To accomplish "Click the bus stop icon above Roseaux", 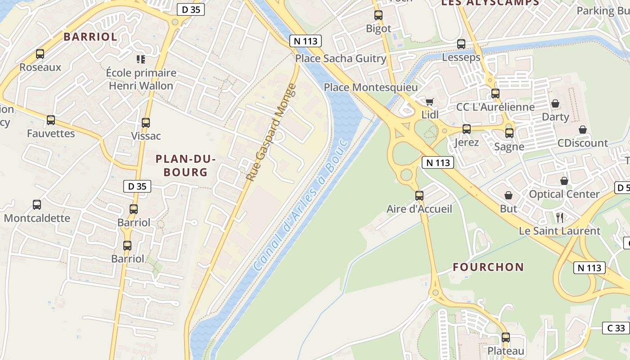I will pyautogui.click(x=40, y=54).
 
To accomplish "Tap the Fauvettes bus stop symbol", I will pyautogui.click(x=51, y=120).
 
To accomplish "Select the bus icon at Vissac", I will pyautogui.click(x=146, y=122).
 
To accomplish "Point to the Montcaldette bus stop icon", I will pyautogui.click(x=37, y=205).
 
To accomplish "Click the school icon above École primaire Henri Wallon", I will pyautogui.click(x=141, y=59).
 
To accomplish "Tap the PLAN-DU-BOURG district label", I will pyautogui.click(x=185, y=165).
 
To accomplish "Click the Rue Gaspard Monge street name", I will pyautogui.click(x=271, y=132).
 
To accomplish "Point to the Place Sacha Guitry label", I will pyautogui.click(x=341, y=58).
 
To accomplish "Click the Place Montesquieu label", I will pyautogui.click(x=371, y=87).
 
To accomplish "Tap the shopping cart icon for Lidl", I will pyautogui.click(x=429, y=102).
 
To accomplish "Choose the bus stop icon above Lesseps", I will pyautogui.click(x=461, y=44).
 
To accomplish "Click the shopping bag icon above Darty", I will pyautogui.click(x=555, y=103).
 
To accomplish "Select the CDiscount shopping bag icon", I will pyautogui.click(x=583, y=130).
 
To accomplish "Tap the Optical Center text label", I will pyautogui.click(x=564, y=194).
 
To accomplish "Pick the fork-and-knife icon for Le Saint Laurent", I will pyautogui.click(x=560, y=218).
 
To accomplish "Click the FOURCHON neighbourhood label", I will pyautogui.click(x=488, y=267).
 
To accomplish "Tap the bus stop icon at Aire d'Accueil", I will pyautogui.click(x=419, y=196).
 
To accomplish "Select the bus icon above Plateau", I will pyautogui.click(x=506, y=337).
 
